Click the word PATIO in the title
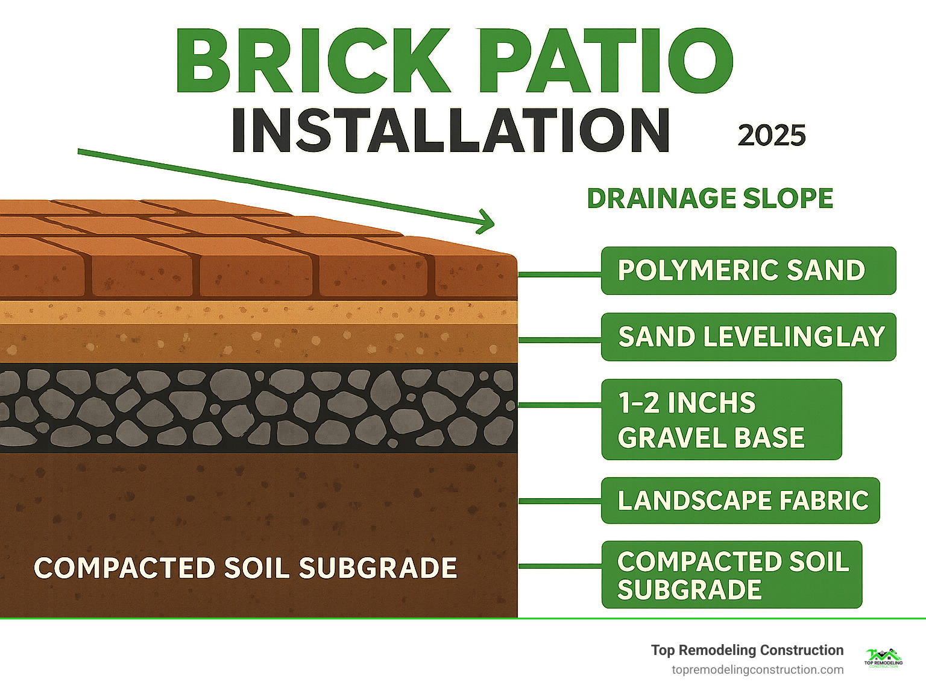(x=606, y=62)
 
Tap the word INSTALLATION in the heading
(x=450, y=131)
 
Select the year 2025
(x=771, y=136)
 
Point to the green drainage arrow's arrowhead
(x=487, y=221)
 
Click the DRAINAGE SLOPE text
(x=710, y=198)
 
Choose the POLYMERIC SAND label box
(x=748, y=271)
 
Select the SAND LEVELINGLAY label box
(x=748, y=337)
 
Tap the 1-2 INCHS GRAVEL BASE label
(x=721, y=420)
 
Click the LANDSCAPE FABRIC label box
(x=740, y=501)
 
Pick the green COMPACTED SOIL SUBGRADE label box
(x=731, y=575)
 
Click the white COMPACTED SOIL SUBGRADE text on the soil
(x=245, y=568)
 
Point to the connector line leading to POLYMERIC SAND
(x=559, y=274)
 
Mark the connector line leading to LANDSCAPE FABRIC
(x=559, y=501)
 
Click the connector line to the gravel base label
(x=559, y=405)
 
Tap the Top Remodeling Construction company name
(x=747, y=650)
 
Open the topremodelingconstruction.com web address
(x=757, y=670)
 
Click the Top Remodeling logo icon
(x=883, y=658)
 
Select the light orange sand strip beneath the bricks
(x=259, y=312)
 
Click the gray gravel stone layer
(x=259, y=408)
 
